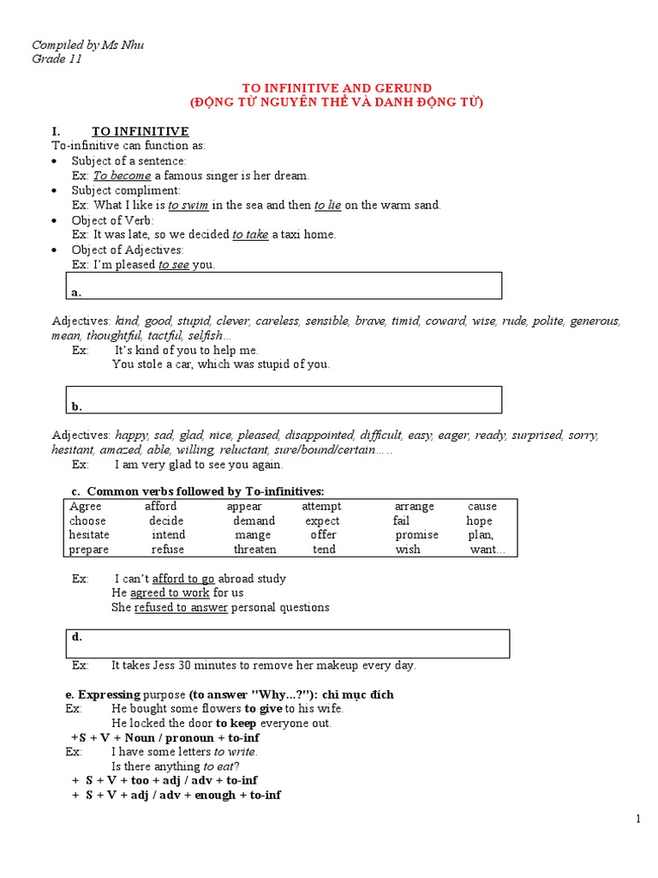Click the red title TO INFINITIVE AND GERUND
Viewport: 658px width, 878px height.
[336, 88]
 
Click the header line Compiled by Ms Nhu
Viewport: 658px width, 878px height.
[87, 45]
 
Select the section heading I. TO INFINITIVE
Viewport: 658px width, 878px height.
[120, 131]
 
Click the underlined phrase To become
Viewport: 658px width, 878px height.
[122, 175]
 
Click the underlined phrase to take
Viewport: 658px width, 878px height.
[250, 234]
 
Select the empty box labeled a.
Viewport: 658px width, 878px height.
[284, 286]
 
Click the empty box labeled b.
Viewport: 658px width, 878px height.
[284, 400]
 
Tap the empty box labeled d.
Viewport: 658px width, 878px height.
[288, 643]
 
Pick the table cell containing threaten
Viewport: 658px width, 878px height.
[255, 550]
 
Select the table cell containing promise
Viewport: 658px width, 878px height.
[416, 535]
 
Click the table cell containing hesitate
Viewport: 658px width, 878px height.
[91, 535]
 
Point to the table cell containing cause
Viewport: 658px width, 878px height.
[482, 507]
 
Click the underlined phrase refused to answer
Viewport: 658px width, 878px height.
[181, 608]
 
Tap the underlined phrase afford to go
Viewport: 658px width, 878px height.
[183, 579]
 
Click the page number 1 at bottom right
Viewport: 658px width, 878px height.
[638, 820]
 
